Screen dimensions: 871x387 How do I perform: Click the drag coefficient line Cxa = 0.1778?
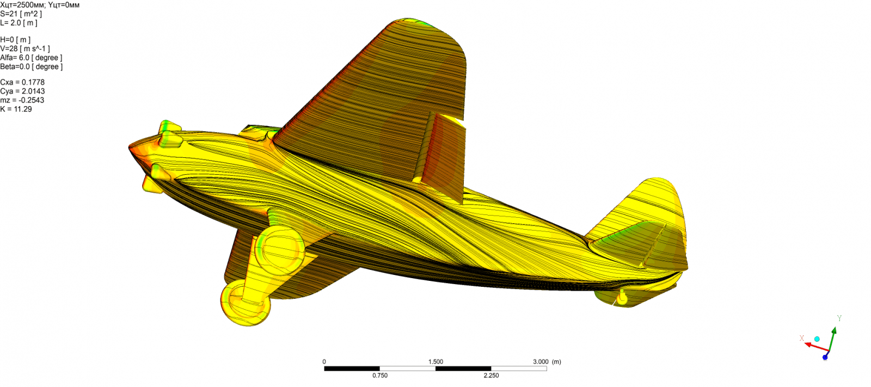tap(22, 82)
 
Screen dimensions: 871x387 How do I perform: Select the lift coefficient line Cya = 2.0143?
tap(22, 91)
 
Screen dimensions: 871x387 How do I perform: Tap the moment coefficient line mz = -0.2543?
tap(22, 100)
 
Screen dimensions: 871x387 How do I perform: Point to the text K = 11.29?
tap(16, 109)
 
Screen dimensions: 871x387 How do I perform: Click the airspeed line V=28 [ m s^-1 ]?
tap(25, 48)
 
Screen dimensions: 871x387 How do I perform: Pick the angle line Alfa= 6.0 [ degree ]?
tap(31, 58)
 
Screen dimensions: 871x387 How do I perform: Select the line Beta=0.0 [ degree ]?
tap(32, 66)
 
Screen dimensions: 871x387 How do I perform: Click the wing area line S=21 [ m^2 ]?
tap(21, 14)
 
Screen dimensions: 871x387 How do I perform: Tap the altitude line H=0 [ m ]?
tap(15, 40)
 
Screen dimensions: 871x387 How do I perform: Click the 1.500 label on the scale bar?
tap(436, 362)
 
